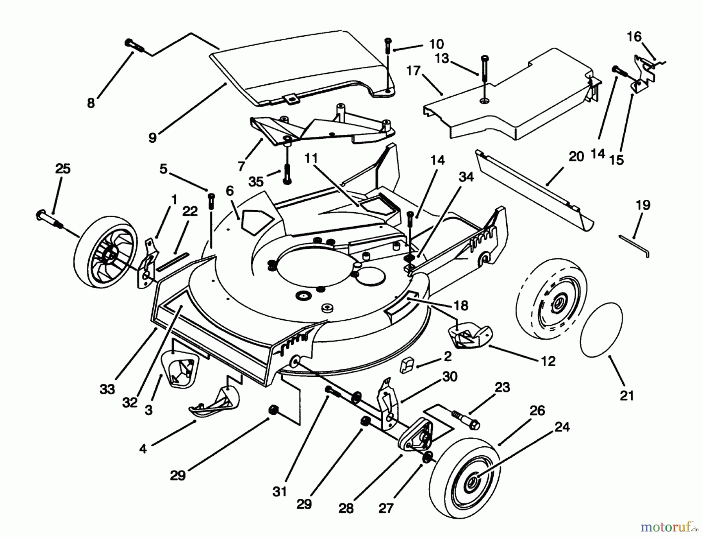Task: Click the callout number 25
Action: click(63, 168)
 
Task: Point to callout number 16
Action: click(634, 37)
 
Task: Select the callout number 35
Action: click(256, 182)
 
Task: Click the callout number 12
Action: click(548, 361)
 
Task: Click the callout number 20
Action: click(576, 156)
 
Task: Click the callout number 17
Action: click(413, 71)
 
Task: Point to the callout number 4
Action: click(143, 449)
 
